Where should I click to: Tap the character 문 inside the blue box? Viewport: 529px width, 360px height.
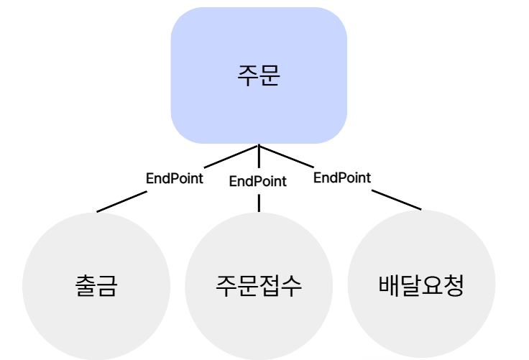click(269, 75)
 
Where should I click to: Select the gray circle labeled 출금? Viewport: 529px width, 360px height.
click(96, 285)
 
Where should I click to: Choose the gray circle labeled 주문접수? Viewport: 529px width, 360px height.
click(259, 285)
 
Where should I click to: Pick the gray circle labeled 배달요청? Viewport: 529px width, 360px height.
click(421, 285)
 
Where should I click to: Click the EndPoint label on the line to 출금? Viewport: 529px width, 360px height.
click(175, 178)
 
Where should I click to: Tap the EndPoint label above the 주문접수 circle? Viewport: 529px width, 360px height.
click(258, 181)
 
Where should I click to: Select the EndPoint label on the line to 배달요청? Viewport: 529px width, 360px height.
click(342, 177)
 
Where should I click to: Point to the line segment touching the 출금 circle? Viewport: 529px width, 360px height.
click(119, 203)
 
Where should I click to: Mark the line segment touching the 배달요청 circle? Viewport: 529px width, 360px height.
click(399, 201)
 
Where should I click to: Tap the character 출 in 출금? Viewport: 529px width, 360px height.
click(85, 286)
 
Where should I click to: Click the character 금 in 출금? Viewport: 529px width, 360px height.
click(106, 286)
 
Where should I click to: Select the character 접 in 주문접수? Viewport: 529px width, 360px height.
click(270, 286)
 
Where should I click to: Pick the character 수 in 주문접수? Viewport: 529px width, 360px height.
click(291, 286)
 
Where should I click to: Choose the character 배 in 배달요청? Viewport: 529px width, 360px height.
click(389, 285)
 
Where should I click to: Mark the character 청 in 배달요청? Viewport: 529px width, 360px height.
click(454, 285)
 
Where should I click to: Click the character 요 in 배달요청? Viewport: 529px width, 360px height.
click(432, 285)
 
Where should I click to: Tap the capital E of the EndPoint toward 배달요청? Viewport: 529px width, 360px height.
click(318, 177)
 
